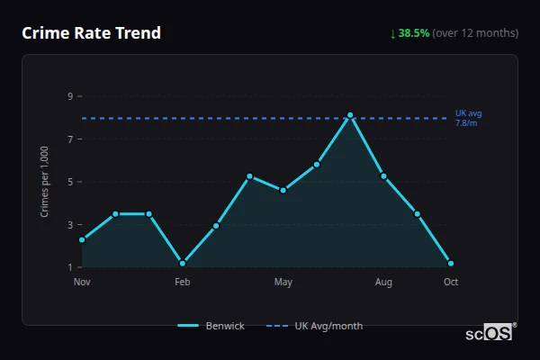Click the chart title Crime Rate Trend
pyautogui.click(x=92, y=33)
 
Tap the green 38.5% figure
pyautogui.click(x=414, y=33)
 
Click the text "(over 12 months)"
pyautogui.click(x=475, y=33)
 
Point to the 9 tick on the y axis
pyautogui.click(x=68, y=96)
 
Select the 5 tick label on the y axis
pyautogui.click(x=68, y=182)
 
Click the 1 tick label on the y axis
pyautogui.click(x=68, y=267)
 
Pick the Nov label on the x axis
pyautogui.click(x=82, y=283)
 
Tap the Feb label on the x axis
pyautogui.click(x=183, y=283)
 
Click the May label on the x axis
pyautogui.click(x=283, y=283)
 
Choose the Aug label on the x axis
pyautogui.click(x=383, y=283)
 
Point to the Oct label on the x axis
pyautogui.click(x=451, y=283)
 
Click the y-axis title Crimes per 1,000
pyautogui.click(x=44, y=182)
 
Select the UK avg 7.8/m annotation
pyautogui.click(x=468, y=118)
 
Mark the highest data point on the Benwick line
pyautogui.click(x=350, y=115)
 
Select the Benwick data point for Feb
pyautogui.click(x=183, y=263)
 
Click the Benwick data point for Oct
pyautogui.click(x=451, y=263)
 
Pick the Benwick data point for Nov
pyautogui.click(x=82, y=239)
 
